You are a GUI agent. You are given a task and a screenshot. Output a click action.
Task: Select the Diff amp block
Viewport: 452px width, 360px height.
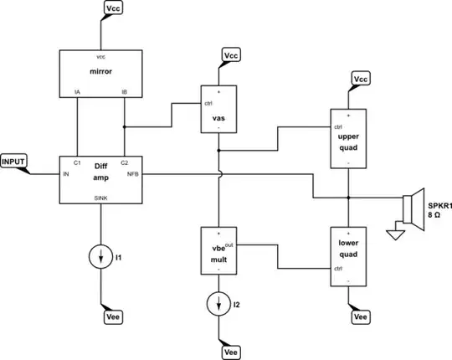(100, 178)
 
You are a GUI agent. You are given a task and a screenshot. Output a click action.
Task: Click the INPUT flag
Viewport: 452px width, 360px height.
(14, 160)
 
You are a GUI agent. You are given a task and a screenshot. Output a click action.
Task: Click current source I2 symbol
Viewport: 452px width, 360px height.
(218, 301)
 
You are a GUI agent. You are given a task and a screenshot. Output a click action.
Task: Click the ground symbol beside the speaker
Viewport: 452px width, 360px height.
(395, 234)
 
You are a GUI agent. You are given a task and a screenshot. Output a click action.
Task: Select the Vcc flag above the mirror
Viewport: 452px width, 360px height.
(116, 8)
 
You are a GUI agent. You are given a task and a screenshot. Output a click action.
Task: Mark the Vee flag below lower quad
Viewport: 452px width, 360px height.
(362, 317)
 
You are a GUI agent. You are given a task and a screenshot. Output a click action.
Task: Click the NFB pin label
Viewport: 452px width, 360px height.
(132, 174)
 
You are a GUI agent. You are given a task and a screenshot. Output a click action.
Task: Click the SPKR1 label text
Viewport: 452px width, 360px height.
(439, 205)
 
